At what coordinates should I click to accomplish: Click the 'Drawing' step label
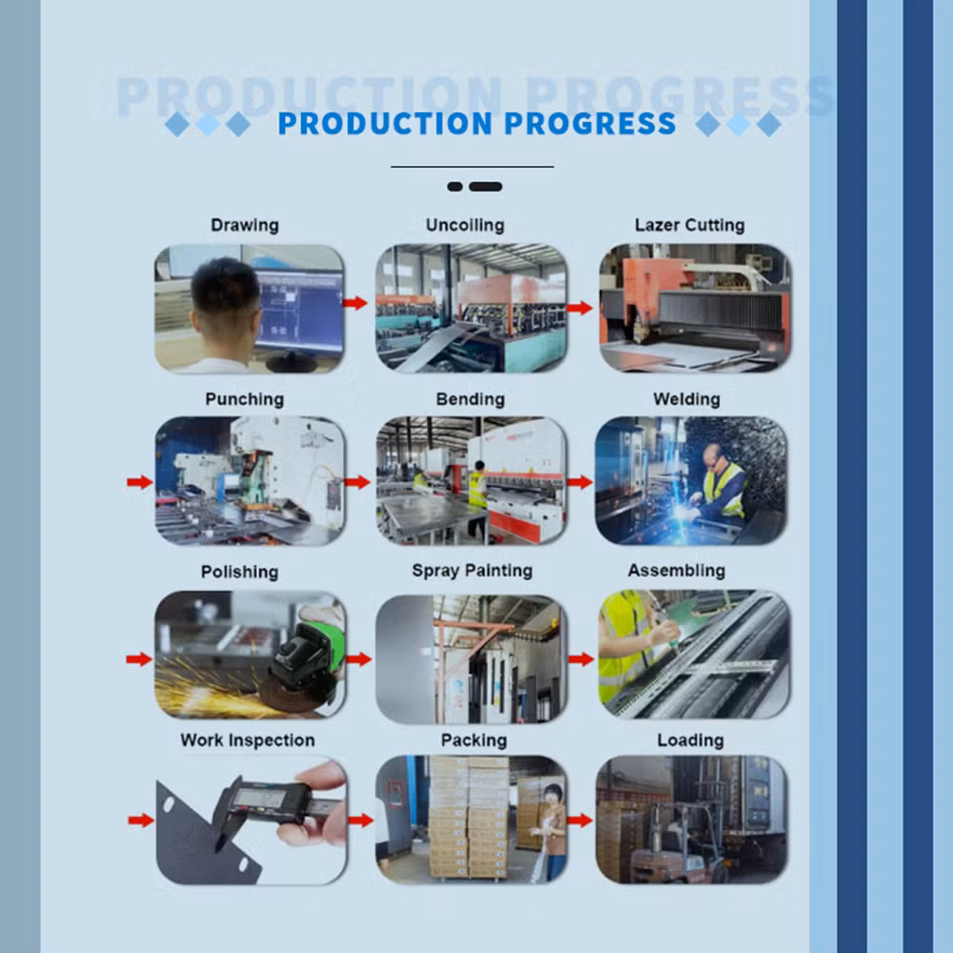tap(245, 226)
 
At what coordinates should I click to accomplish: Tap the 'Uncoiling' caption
tap(465, 226)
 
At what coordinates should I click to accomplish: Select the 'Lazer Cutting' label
tap(690, 226)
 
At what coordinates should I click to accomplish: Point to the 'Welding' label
tap(687, 399)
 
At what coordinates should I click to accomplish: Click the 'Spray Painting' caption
tap(473, 571)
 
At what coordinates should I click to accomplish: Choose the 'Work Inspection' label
tap(248, 740)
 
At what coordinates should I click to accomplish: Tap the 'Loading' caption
tap(690, 740)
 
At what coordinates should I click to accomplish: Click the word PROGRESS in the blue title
tap(590, 123)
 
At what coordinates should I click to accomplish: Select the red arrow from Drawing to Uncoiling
tap(355, 303)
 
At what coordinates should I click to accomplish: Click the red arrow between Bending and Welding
tap(579, 482)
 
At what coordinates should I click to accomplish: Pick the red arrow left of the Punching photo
tap(140, 482)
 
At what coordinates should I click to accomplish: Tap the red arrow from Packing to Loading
tap(579, 821)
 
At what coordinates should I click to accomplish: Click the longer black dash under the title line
tap(486, 187)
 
